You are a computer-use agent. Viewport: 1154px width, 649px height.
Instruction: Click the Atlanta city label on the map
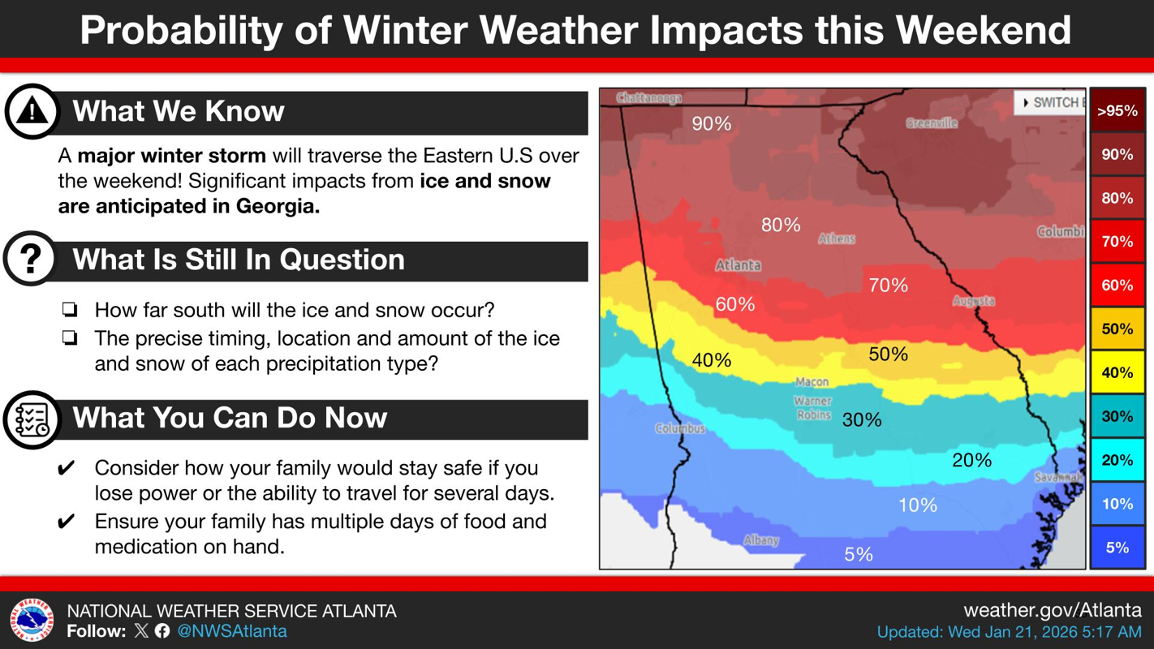(738, 265)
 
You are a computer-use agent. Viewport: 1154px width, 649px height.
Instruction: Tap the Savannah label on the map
(1058, 478)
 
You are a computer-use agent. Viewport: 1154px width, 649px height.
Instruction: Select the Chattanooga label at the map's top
(649, 98)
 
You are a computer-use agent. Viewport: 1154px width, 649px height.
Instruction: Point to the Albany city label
(761, 540)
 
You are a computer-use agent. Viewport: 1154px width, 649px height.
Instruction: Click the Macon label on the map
(812, 381)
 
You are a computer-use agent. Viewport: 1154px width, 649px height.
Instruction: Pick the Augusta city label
(974, 301)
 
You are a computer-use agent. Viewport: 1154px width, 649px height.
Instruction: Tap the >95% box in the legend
(1117, 111)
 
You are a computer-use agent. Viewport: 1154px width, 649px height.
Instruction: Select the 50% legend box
(1117, 329)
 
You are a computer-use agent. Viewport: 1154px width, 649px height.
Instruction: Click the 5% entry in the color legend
(1117, 548)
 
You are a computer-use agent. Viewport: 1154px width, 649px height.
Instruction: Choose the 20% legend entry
(1117, 460)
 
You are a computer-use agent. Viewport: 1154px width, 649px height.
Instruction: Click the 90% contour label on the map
(711, 123)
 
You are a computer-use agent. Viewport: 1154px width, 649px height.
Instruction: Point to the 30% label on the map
(861, 419)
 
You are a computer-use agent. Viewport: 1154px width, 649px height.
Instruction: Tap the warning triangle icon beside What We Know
(32, 111)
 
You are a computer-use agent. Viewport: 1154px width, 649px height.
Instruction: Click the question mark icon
(31, 260)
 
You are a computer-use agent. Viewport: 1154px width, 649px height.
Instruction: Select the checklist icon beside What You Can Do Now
(32, 419)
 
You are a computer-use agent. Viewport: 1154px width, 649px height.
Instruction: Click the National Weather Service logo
(32, 621)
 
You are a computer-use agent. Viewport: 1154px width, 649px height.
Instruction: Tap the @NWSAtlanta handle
(231, 631)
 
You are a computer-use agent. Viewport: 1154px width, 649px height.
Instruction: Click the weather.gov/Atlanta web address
(1052, 609)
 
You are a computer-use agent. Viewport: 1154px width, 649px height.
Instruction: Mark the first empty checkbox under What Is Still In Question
(70, 310)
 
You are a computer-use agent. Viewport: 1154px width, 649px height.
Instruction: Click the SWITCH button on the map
(1051, 103)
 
